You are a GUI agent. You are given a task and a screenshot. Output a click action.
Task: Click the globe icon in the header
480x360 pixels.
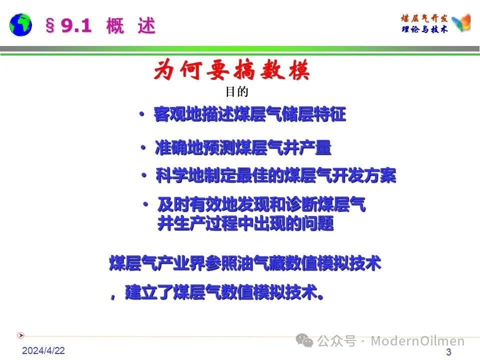click(20, 25)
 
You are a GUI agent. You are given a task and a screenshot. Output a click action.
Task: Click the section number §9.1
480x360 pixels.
click(68, 25)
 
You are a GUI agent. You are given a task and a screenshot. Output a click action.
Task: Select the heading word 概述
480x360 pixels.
click(131, 25)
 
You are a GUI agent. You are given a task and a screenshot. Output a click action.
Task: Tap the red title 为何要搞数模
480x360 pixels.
click(231, 70)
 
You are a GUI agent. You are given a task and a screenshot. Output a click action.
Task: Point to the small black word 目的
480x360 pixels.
click(236, 91)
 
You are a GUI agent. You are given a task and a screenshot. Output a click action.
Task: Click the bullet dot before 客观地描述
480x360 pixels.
click(141, 114)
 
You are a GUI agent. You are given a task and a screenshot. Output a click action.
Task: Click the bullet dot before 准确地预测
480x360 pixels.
click(143, 148)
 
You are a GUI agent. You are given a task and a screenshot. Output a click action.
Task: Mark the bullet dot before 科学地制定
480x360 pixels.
click(144, 175)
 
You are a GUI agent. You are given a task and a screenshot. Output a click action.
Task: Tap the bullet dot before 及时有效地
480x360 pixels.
click(145, 204)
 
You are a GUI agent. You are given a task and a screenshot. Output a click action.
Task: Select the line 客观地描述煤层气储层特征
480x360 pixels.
click(250, 114)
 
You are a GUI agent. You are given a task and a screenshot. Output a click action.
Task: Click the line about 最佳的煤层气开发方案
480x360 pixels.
click(276, 175)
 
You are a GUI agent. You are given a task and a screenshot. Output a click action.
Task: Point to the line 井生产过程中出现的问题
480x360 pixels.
click(245, 223)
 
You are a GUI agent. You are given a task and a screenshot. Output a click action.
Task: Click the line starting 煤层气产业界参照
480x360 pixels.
click(245, 263)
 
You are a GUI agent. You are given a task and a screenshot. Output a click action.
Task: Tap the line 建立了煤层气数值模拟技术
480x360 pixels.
click(224, 292)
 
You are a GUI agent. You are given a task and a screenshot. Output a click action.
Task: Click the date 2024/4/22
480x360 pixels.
click(43, 350)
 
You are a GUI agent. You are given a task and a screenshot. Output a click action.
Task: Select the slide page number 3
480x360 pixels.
click(449, 351)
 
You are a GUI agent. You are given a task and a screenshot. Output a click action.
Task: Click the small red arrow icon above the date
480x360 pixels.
click(20, 335)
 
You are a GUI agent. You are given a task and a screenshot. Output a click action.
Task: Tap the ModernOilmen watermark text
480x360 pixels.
click(418, 340)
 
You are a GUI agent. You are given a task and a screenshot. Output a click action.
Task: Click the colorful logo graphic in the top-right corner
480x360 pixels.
click(461, 22)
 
